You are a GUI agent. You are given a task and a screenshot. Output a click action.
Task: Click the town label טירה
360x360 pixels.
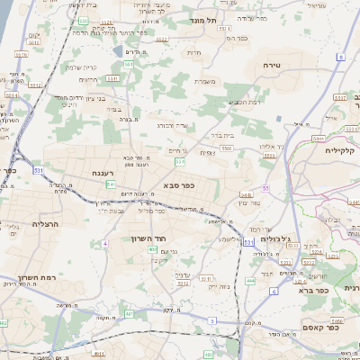coord(273,66)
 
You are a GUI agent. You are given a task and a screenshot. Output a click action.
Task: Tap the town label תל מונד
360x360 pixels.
coord(206,20)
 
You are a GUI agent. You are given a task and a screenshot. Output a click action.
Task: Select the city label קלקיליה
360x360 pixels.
coord(342,150)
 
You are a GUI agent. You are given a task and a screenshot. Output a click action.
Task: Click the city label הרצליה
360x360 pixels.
coord(45,223)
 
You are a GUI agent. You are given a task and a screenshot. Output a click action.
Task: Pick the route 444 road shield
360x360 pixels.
coord(250,281)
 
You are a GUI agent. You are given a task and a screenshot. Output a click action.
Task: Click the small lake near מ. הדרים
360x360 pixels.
coord(118,52)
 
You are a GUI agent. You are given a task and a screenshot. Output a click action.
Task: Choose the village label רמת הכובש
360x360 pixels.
coord(246,102)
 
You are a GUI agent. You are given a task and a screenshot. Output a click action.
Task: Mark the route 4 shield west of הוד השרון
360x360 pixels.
coord(104,243)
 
